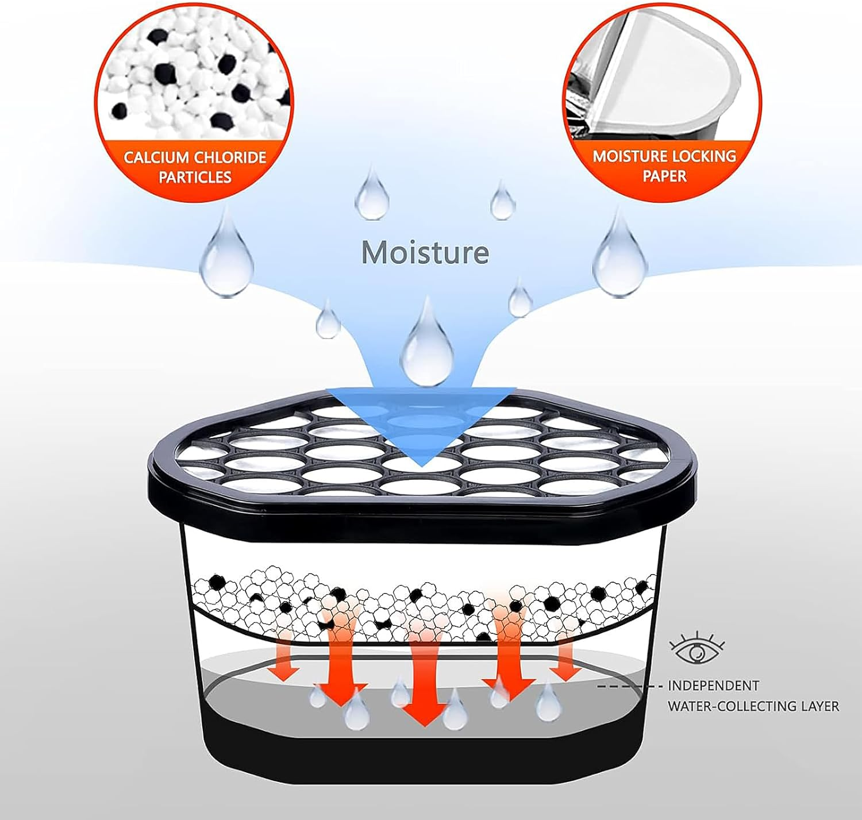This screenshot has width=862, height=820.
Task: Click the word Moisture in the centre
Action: [x=425, y=252]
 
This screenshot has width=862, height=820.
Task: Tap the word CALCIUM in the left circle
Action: [x=156, y=157]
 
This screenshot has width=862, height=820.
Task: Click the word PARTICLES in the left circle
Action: [x=195, y=177]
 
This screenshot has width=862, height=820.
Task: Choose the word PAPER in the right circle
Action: [x=664, y=176]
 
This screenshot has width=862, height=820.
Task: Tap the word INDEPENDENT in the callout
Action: [x=713, y=686]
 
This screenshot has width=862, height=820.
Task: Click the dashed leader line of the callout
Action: [x=626, y=686]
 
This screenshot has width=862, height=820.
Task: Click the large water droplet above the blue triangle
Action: [x=426, y=345]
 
